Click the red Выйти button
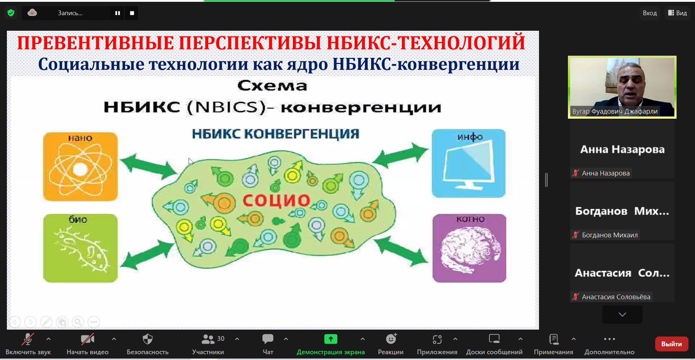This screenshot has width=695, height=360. click(x=671, y=344)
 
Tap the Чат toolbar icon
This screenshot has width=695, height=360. click(x=268, y=339)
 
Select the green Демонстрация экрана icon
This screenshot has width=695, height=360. click(x=330, y=339)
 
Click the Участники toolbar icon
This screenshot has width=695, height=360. click(x=208, y=339)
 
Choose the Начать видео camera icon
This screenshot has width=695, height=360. click(x=88, y=339)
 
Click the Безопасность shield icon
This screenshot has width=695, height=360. click(x=148, y=339)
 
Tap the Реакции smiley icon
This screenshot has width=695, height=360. click(x=391, y=339)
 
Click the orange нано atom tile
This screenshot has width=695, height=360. click(x=80, y=166)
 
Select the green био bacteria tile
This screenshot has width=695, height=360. click(x=80, y=248)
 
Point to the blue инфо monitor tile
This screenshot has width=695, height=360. click(x=469, y=163)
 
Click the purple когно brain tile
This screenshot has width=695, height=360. click(x=469, y=248)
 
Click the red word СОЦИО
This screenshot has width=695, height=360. click(x=277, y=200)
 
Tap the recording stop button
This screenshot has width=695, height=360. click(x=132, y=13)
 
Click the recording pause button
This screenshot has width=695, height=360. click(x=118, y=13)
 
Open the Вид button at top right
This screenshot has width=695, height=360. click(x=678, y=13)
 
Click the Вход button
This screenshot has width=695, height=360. click(x=650, y=13)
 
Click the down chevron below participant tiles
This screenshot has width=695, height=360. click(x=622, y=314)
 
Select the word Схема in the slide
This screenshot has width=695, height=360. click(x=272, y=86)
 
